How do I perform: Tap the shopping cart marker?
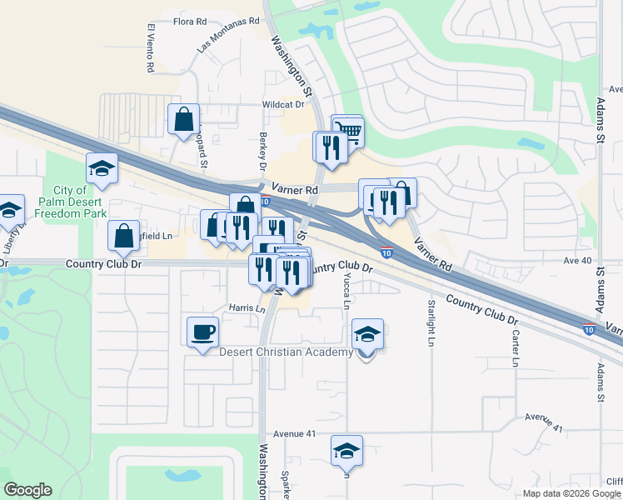coord(349,130)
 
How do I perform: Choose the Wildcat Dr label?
coord(283,105)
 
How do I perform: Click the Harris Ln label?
coord(247,308)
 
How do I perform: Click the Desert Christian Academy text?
coord(286,352)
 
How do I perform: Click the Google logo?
coord(27,490)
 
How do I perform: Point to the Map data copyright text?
coord(571,493)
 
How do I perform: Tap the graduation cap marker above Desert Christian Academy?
coord(367,334)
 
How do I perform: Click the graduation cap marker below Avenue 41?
coord(346,451)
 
